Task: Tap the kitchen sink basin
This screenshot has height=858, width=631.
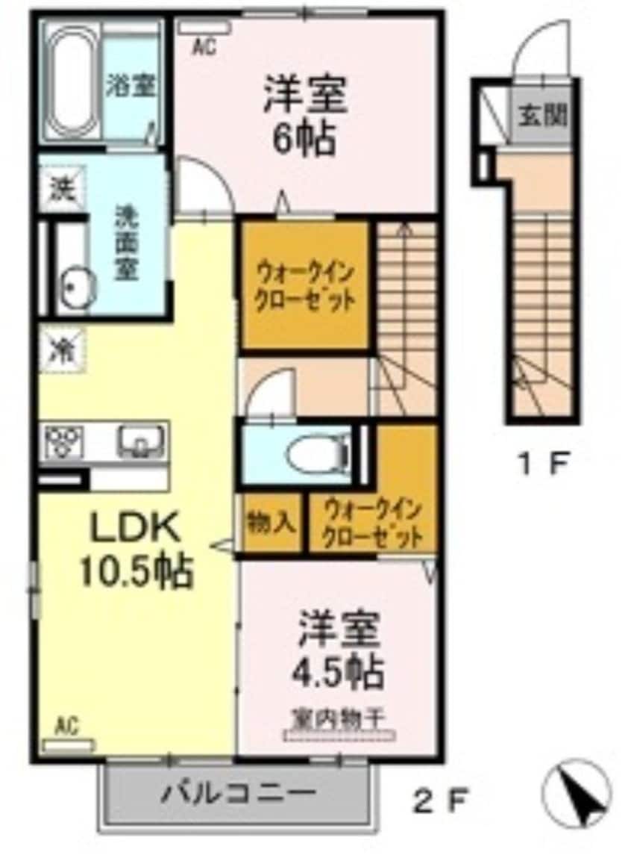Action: pyautogui.click(x=139, y=441)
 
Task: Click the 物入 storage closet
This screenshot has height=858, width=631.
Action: pyautogui.click(x=271, y=523)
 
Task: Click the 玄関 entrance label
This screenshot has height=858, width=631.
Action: pyautogui.click(x=542, y=116)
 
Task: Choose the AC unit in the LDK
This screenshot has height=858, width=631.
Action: pyautogui.click(x=69, y=745)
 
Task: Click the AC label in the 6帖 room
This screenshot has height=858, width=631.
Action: pyautogui.click(x=204, y=48)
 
